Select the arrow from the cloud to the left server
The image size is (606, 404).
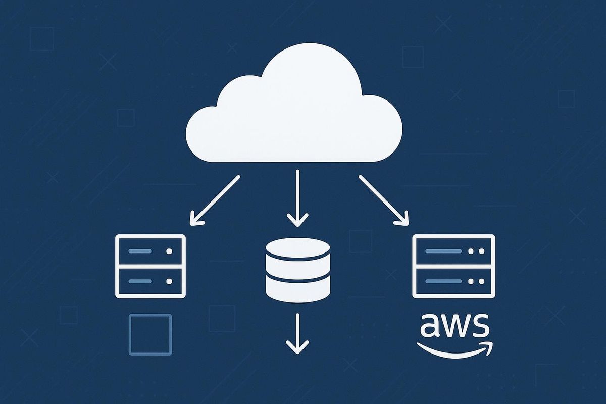point(215,199)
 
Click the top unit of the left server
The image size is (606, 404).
point(151,250)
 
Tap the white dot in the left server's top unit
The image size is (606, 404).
point(169,250)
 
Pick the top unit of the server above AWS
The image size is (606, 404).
point(453,250)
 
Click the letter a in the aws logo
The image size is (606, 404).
point(430,327)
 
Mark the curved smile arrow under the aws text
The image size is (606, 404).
point(454,349)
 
